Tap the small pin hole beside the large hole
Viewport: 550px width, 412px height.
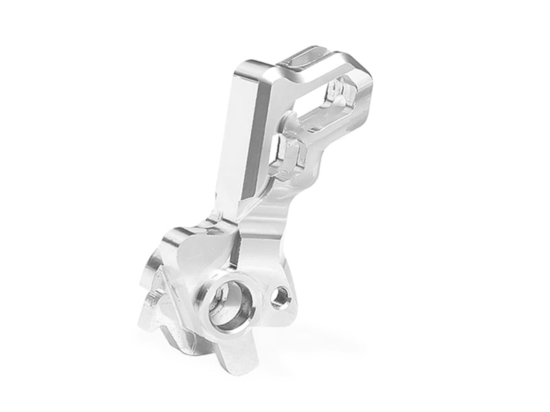[x=279, y=297]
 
